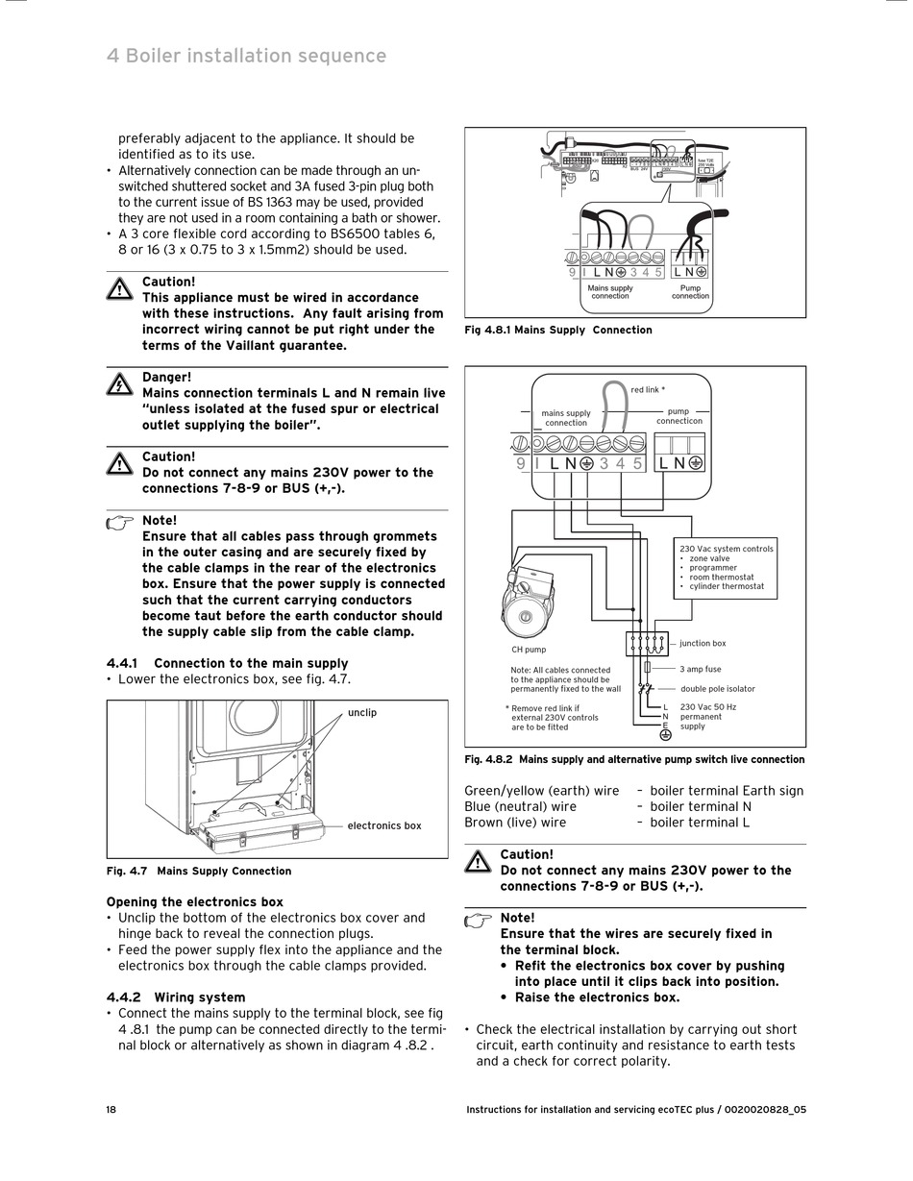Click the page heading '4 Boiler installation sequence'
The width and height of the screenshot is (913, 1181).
[x=246, y=56]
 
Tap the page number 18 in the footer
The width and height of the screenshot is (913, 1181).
[x=111, y=1109]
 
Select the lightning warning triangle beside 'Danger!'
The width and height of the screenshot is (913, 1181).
[x=119, y=384]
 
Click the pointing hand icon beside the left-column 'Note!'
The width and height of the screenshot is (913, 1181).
[x=120, y=522]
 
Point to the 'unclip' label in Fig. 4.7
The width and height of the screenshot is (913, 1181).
[x=361, y=712]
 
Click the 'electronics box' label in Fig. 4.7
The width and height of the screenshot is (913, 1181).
[x=383, y=825]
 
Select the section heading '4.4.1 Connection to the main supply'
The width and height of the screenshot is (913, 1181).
[x=227, y=663]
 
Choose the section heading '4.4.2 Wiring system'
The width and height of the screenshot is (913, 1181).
[x=175, y=997]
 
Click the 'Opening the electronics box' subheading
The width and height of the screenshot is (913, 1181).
[x=194, y=901]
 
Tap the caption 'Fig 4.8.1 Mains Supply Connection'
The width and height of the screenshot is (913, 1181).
[x=557, y=330]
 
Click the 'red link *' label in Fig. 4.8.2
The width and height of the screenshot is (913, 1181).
[x=647, y=390]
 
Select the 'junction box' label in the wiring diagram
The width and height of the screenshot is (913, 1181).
[x=703, y=644]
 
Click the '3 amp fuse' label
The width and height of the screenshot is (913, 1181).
[x=700, y=669]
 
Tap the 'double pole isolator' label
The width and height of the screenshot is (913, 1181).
[x=717, y=688]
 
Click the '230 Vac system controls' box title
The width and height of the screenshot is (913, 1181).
[x=726, y=549]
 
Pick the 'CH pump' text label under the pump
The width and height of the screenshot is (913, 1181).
[x=529, y=650]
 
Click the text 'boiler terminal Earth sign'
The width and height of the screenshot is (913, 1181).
[x=727, y=791]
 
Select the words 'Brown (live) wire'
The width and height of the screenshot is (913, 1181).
[x=515, y=822]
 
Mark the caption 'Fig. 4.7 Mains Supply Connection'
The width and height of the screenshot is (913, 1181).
[x=198, y=871]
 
